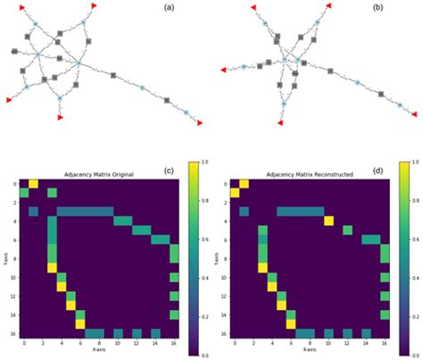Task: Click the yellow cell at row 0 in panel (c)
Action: (34, 183)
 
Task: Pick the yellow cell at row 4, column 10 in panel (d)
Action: (328, 221)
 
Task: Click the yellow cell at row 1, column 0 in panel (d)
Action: (236, 192)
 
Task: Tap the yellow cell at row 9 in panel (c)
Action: (52, 267)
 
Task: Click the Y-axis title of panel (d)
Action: (215, 257)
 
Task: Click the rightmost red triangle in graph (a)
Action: (200, 122)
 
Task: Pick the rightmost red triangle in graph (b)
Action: (414, 113)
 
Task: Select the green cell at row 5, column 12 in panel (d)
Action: (347, 230)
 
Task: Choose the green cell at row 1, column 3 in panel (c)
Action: (52, 192)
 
